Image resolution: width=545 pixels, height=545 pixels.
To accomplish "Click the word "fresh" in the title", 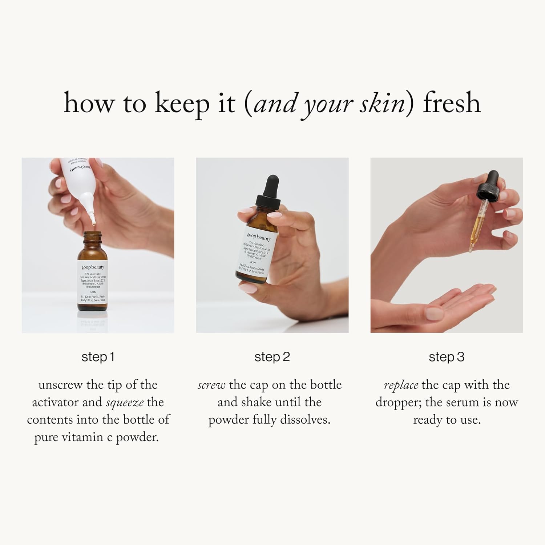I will (452, 103).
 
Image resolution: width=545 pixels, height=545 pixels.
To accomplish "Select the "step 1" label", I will (98, 357).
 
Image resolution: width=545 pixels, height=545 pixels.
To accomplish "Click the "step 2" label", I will (272, 357).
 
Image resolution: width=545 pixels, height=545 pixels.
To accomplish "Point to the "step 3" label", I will (447, 357).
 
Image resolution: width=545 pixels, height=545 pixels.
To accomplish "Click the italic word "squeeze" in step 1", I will (125, 403).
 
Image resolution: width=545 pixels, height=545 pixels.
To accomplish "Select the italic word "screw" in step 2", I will (211, 385).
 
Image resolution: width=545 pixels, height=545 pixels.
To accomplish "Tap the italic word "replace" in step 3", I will (401, 385).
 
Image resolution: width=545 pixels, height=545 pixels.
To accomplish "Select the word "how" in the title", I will (89, 103).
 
